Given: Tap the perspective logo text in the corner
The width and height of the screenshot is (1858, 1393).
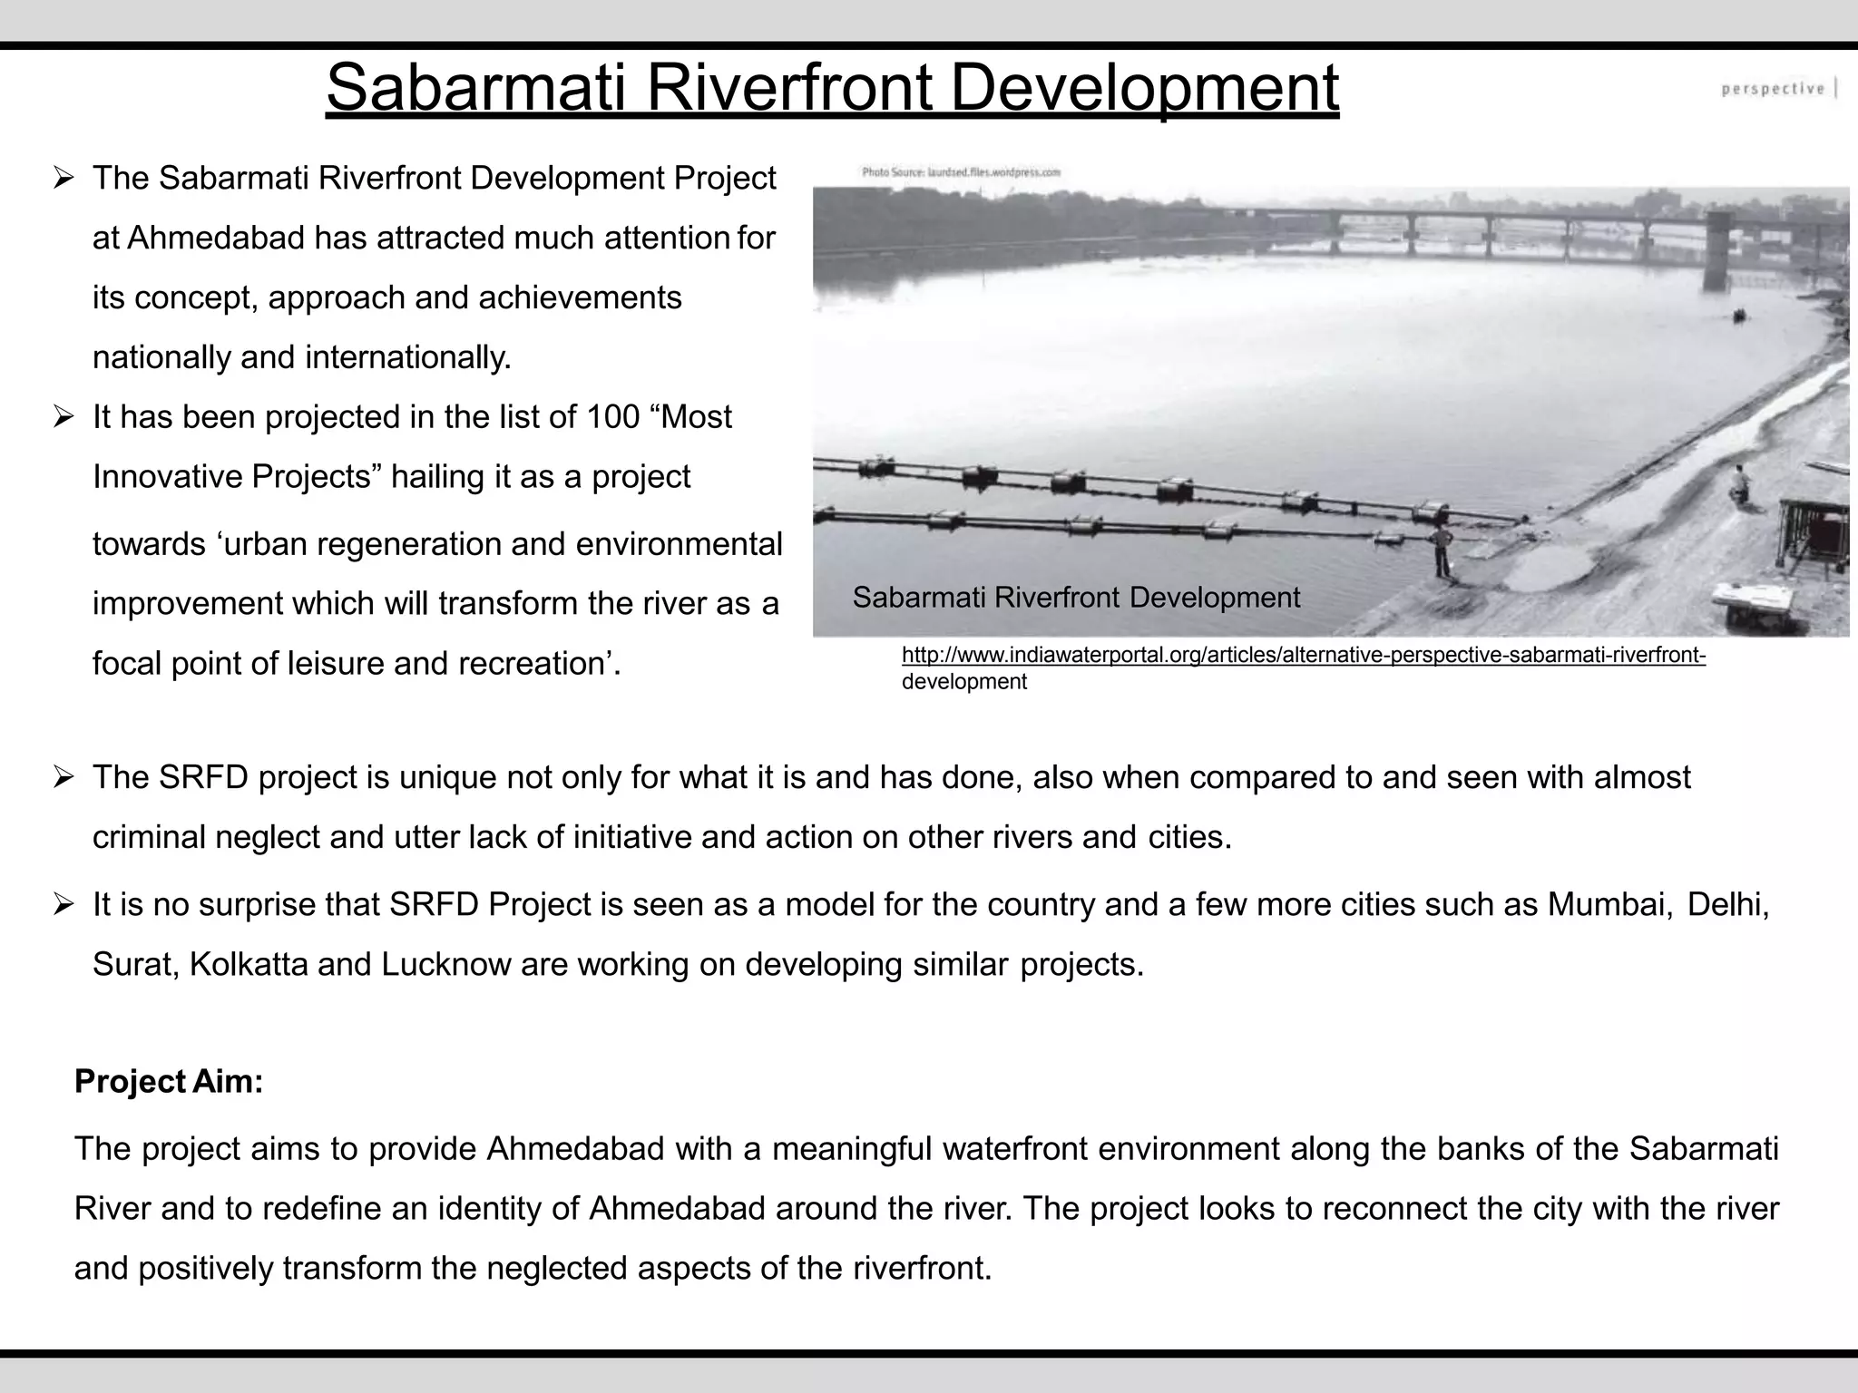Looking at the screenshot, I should click(x=1773, y=89).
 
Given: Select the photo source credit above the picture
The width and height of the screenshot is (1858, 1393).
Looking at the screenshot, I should click(x=961, y=171).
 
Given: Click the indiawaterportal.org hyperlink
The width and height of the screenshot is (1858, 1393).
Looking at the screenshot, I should click(x=1303, y=656).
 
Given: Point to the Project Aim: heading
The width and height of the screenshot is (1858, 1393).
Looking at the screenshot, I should click(x=169, y=1081).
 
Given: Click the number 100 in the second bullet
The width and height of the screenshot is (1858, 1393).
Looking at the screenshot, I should click(x=613, y=417).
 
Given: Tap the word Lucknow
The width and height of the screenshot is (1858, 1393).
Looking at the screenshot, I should click(x=446, y=964).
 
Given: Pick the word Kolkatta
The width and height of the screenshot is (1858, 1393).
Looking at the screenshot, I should click(x=249, y=964).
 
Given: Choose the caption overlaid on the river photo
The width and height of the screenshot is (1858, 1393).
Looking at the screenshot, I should click(x=1076, y=598).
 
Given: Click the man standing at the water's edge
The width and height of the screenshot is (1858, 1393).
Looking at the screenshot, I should click(x=1441, y=550).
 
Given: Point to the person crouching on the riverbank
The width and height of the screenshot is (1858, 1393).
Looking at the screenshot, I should click(x=1738, y=484).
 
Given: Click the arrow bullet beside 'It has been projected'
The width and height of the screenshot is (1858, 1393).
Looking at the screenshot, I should click(x=63, y=418).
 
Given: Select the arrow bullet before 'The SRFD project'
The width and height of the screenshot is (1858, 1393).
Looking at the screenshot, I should click(x=63, y=778).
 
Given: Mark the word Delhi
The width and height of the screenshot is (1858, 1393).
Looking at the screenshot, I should click(x=1727, y=904).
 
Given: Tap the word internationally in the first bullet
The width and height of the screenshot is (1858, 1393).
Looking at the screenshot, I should click(x=407, y=357).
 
